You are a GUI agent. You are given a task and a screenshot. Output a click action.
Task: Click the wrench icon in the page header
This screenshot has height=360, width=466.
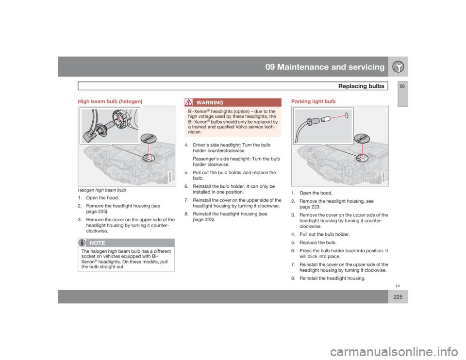398,67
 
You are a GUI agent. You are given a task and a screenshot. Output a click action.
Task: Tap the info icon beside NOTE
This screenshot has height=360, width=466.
83,243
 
